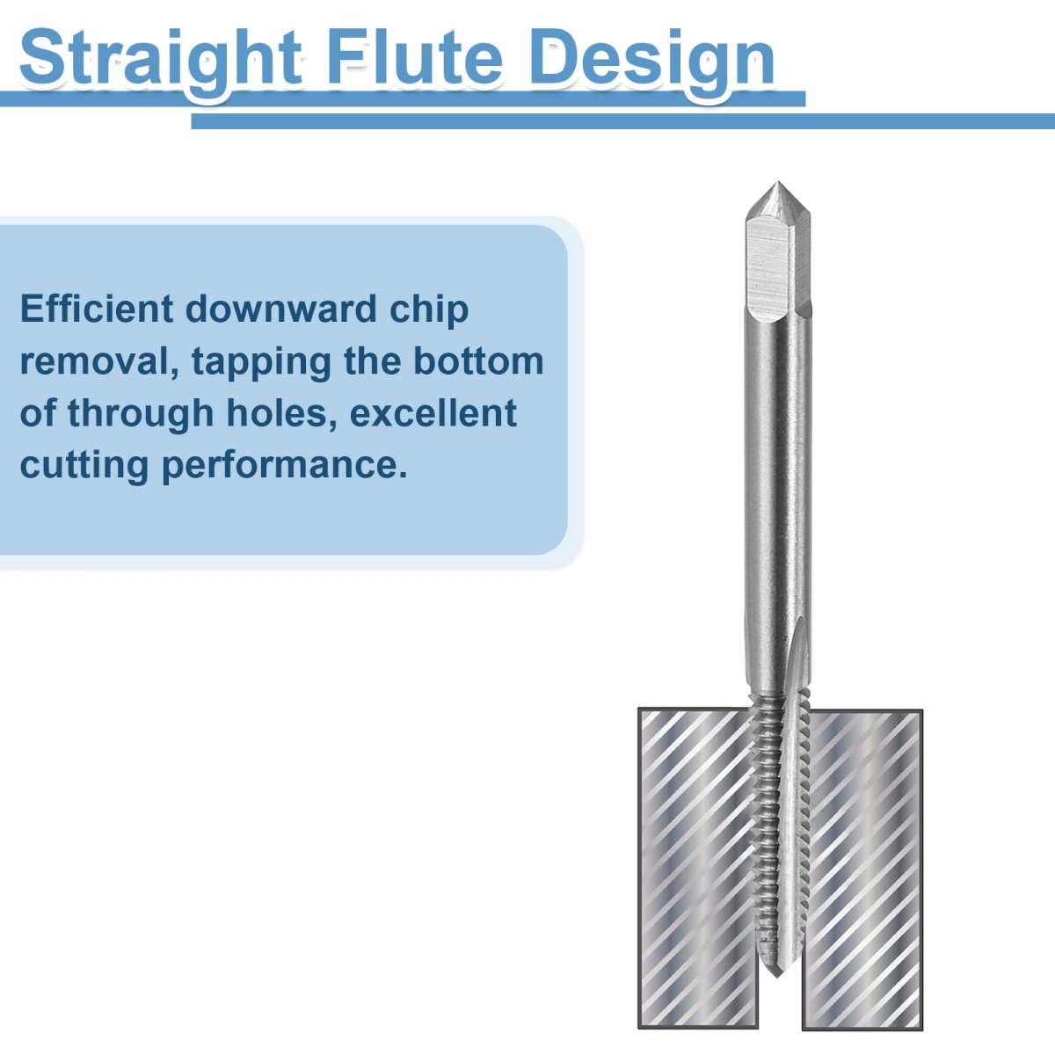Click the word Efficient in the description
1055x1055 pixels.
click(x=97, y=309)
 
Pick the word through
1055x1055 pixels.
click(x=141, y=414)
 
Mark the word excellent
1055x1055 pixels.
click(x=433, y=413)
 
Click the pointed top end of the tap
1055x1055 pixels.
click(x=777, y=183)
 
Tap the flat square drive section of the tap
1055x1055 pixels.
click(x=777, y=268)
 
